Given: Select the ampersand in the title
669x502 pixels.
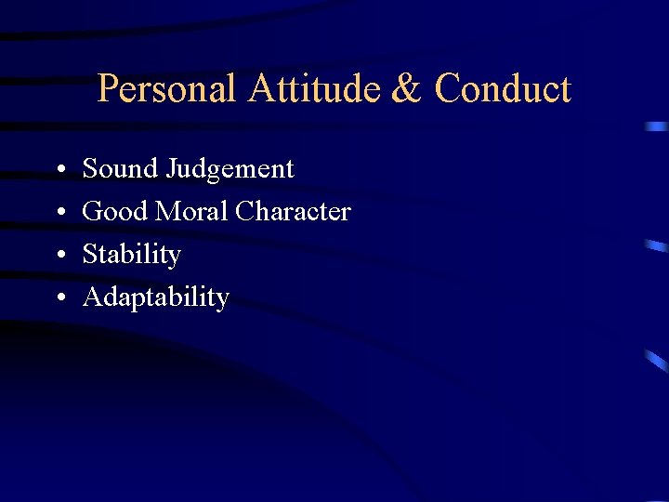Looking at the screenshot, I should coord(406,89).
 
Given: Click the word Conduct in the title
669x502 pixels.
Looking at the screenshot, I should coord(503,89).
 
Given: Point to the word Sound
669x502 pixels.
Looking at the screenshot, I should coord(121,169).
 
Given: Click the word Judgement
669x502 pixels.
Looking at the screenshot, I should coord(230,170).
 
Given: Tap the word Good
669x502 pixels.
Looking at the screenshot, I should coord(115,212).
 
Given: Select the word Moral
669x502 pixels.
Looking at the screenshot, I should coord(192,212).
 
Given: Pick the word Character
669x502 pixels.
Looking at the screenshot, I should coord(293,212).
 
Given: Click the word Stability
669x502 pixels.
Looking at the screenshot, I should coord(131,255).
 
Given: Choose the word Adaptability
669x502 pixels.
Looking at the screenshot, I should coord(155,297).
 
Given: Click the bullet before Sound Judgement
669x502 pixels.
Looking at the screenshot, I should coord(59,170).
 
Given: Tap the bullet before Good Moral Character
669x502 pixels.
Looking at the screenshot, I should coord(59,213).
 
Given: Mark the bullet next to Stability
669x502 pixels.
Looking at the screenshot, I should coord(59,256).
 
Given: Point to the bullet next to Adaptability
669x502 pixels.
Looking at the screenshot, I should coord(59,298).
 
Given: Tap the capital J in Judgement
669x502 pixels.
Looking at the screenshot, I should coord(171,169).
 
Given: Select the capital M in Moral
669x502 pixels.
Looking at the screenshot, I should coord(167,212).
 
